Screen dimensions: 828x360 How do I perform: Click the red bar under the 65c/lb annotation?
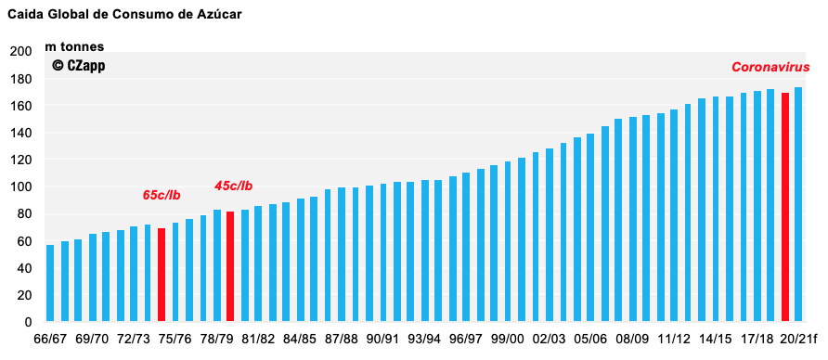click(x=162, y=275)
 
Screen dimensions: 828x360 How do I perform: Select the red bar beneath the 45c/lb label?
click(x=230, y=266)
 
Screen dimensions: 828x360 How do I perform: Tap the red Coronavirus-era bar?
click(x=785, y=207)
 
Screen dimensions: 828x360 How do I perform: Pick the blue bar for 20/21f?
click(x=798, y=204)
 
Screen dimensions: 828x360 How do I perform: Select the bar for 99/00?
click(x=508, y=241)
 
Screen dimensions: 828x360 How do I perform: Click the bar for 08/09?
click(x=632, y=219)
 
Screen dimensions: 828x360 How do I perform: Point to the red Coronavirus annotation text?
click(x=770, y=67)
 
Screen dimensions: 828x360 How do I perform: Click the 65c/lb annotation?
click(x=162, y=195)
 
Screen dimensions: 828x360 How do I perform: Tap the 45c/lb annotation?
click(x=233, y=186)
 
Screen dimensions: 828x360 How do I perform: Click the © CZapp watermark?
click(x=78, y=66)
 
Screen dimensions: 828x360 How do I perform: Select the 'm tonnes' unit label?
click(x=74, y=47)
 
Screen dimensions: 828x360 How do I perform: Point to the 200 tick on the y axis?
click(x=20, y=52)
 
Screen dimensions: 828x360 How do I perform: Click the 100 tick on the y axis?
click(x=20, y=186)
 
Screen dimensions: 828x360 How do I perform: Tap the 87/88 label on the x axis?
click(x=342, y=339)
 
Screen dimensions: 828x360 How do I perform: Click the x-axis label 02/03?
click(x=549, y=339)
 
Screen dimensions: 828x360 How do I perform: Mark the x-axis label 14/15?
click(x=715, y=339)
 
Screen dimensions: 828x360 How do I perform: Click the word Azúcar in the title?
click(x=219, y=15)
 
